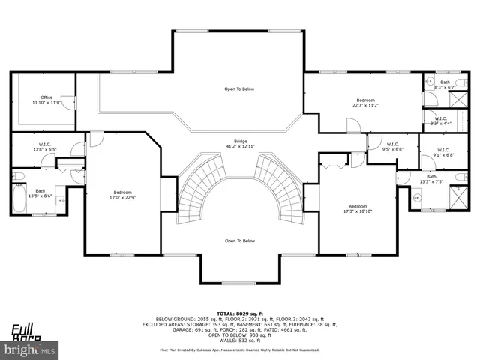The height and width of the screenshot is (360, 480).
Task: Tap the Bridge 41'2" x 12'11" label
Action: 240,143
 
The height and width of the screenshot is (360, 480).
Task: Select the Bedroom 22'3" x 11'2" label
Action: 365,103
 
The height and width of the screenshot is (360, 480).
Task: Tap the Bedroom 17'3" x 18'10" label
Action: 357,208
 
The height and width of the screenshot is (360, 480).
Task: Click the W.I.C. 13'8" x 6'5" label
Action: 43,146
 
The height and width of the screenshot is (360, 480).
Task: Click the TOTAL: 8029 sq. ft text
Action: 239,313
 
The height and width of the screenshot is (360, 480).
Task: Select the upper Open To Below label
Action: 239,89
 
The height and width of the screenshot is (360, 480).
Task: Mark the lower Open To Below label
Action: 240,241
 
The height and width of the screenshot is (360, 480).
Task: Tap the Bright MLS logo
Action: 30,349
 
